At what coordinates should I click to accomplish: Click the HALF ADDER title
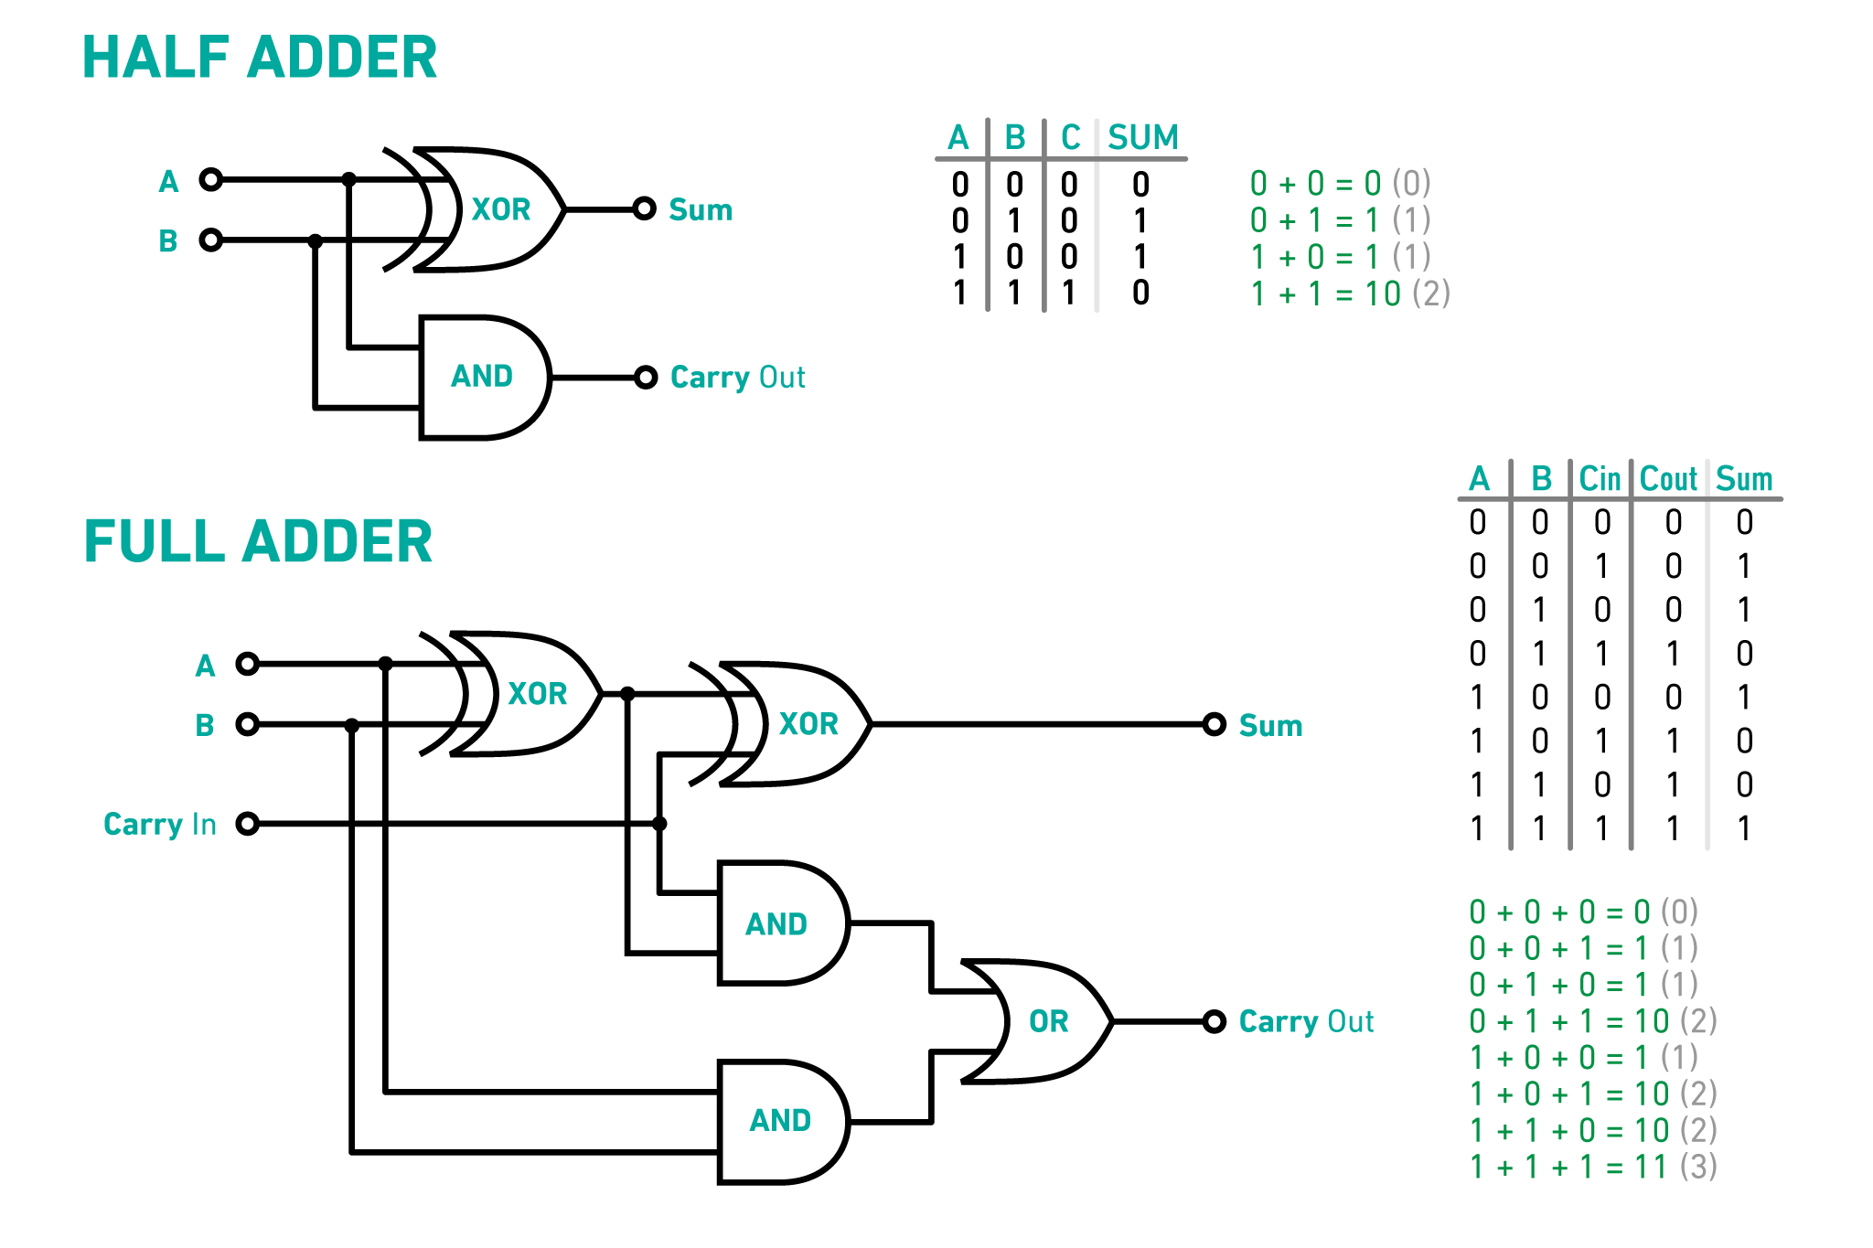[260, 58]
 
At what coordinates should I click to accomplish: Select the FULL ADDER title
[258, 541]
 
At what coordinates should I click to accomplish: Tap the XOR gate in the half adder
[494, 209]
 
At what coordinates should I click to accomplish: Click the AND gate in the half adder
[483, 377]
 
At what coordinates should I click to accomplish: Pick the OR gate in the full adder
[1043, 1021]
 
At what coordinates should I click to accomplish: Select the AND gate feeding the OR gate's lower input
[780, 1121]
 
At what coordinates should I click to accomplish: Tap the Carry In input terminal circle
[247, 824]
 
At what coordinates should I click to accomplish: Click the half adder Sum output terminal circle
[645, 209]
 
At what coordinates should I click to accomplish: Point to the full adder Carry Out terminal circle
[1214, 1021]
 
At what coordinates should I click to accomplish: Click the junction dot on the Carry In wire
[659, 824]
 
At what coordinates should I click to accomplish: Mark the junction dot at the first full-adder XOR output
[627, 694]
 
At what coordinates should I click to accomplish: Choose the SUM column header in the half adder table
[1142, 138]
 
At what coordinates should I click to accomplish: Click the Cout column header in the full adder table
[1668, 479]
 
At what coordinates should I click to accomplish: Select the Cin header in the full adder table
[1600, 479]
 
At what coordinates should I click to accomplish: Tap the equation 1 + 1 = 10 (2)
[1349, 294]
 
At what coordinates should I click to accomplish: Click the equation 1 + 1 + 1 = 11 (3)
[1592, 1168]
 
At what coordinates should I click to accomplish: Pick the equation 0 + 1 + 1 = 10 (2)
[1592, 1021]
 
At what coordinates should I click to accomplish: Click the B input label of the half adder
[167, 241]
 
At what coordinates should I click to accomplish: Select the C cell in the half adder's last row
[1068, 293]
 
